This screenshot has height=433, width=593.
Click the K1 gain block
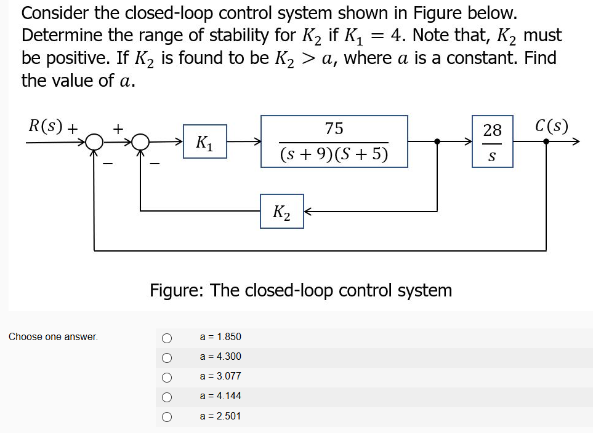click(x=204, y=141)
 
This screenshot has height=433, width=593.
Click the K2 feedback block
click(x=281, y=212)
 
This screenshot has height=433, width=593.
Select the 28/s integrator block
click(x=492, y=141)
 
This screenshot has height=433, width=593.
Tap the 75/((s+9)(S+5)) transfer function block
click(x=334, y=141)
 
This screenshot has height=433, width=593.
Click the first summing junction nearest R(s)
click(x=94, y=142)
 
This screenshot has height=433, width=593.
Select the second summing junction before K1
click(x=142, y=142)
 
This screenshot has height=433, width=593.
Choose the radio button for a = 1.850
click(x=166, y=337)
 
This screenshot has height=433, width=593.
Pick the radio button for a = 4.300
click(x=166, y=357)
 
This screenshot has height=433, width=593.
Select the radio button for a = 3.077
click(x=166, y=376)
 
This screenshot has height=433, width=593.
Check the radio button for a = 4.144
click(x=166, y=397)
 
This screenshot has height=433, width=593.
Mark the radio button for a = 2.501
click(x=166, y=416)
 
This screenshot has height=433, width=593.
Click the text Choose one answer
click(x=53, y=337)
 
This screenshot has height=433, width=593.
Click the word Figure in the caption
click(x=175, y=290)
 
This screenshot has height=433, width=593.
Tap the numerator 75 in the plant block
click(x=334, y=129)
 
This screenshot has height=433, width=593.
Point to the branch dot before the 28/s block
click(x=437, y=141)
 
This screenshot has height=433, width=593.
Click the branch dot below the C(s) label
click(x=546, y=141)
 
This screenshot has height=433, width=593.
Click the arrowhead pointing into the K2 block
click(x=308, y=212)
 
